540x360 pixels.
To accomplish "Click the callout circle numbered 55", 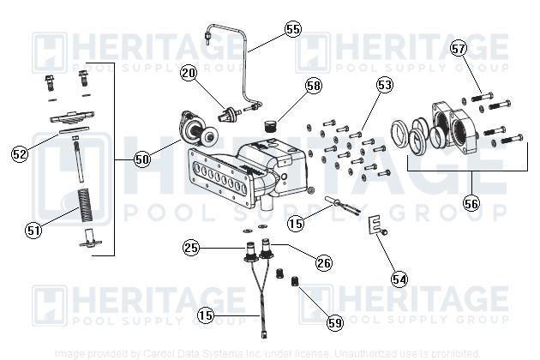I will (x=293, y=28).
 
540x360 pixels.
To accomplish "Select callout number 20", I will (x=189, y=74).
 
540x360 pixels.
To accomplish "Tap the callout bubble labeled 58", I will (x=313, y=86).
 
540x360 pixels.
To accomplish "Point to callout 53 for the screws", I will (x=384, y=85).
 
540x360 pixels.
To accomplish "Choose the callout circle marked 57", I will (x=459, y=48).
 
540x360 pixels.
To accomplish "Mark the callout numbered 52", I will (x=20, y=153).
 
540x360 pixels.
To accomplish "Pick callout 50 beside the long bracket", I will (x=141, y=159).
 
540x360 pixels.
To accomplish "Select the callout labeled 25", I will (x=191, y=248).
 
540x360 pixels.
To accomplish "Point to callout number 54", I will (x=399, y=278).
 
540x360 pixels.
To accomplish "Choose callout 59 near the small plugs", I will (x=334, y=322).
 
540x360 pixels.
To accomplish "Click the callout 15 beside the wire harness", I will (x=206, y=315).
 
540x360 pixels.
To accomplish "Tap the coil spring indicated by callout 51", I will (x=85, y=209).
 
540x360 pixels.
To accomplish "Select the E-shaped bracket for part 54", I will (x=374, y=225).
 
